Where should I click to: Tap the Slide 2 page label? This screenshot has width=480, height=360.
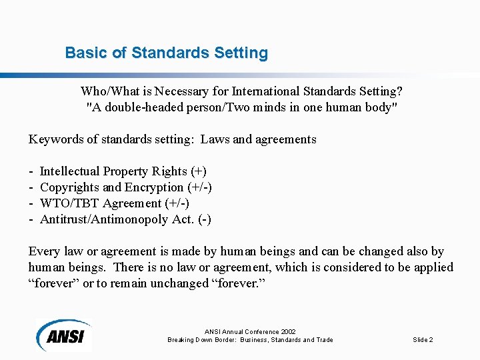point(423,340)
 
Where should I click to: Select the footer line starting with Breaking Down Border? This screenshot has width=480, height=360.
point(250,340)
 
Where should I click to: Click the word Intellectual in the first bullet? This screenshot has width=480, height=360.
point(70,171)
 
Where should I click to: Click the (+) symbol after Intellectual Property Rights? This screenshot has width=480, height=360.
point(199,171)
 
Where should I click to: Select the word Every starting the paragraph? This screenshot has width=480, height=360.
point(44,251)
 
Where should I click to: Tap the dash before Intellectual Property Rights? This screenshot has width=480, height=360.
point(31,171)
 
